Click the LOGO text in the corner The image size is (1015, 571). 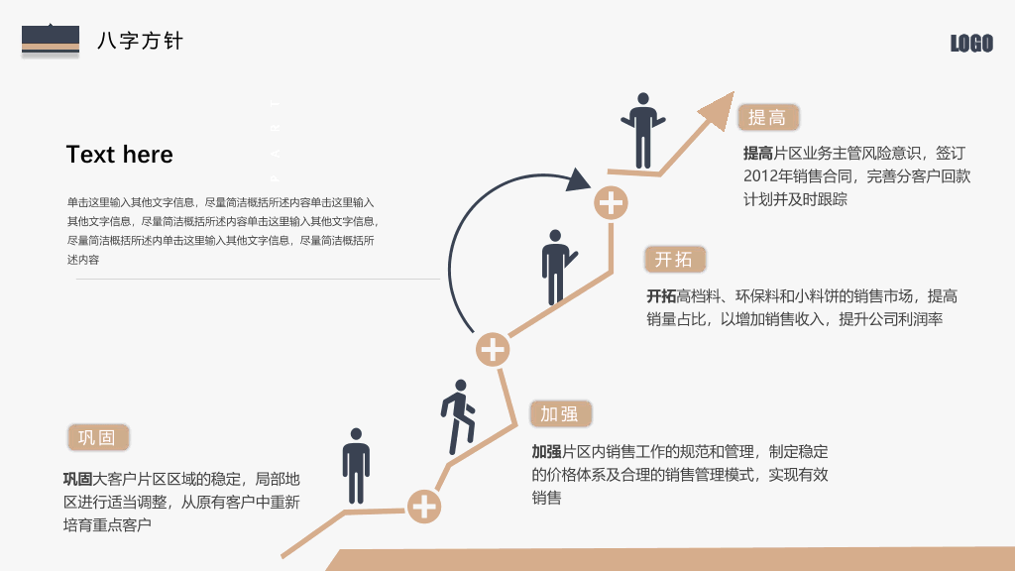point(971,44)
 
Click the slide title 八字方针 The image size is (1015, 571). point(141,41)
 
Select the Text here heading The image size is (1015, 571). point(120,155)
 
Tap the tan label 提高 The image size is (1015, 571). point(768,117)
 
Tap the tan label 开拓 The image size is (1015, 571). point(674,260)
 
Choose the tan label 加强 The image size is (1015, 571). point(561,413)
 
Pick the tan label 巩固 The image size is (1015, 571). point(98,437)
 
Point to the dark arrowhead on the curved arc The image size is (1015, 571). point(578,179)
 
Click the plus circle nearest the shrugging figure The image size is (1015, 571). point(611,203)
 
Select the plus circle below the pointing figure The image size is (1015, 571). point(493,350)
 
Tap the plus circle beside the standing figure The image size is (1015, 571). point(424,507)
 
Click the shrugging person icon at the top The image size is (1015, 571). point(642,130)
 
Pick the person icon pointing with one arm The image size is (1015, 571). point(558,267)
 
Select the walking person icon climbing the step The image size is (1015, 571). point(458,417)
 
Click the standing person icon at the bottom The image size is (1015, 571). point(356,466)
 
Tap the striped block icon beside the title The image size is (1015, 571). point(51,40)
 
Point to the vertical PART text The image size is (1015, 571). point(276,140)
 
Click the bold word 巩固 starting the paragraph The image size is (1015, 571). point(77,479)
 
